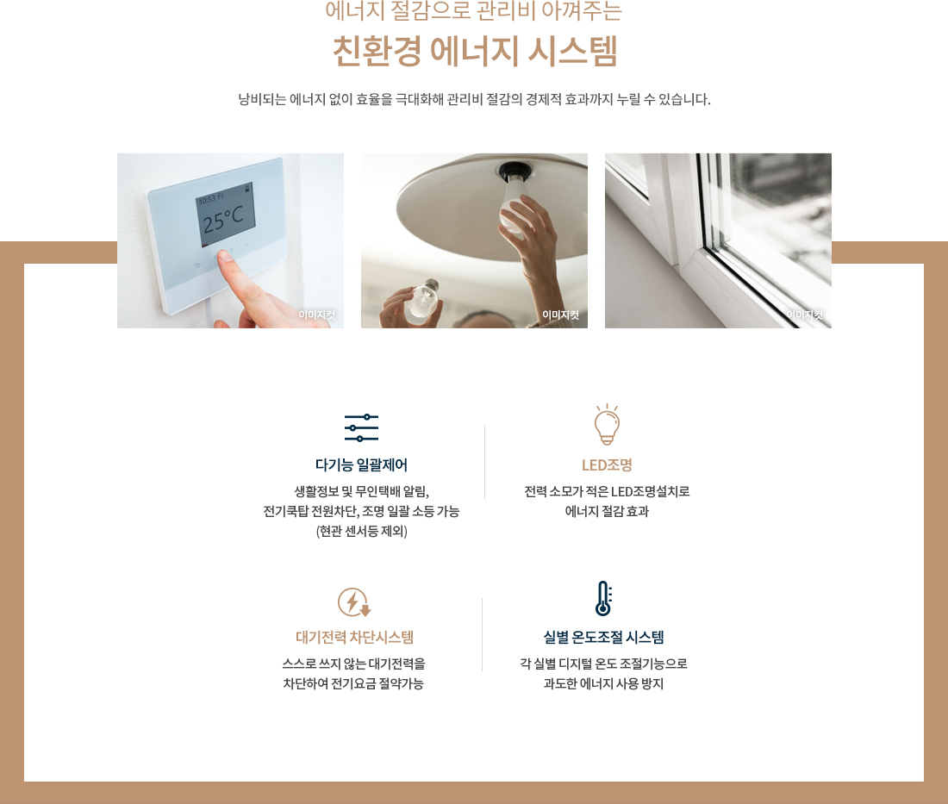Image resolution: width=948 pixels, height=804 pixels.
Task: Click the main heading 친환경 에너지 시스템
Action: [475, 51]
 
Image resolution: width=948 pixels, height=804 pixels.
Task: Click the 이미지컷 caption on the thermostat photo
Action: [316, 315]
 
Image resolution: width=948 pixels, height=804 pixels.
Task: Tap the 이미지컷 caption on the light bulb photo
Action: [560, 315]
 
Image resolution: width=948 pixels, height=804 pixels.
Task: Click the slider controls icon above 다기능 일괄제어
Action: [361, 427]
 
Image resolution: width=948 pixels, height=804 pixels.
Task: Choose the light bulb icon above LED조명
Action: [607, 424]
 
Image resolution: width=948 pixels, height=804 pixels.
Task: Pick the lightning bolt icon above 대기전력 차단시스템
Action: [353, 601]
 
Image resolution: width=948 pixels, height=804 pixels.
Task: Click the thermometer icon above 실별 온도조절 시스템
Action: [603, 598]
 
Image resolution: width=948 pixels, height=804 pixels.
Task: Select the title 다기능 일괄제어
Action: [361, 465]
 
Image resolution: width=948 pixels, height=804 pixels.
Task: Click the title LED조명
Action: [607, 465]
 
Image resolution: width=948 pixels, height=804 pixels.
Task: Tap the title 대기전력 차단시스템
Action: [354, 638]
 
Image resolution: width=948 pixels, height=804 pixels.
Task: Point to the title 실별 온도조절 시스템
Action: [603, 638]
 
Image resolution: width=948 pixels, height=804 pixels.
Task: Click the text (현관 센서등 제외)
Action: [361, 531]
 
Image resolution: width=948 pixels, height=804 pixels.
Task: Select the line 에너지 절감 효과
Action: [607, 511]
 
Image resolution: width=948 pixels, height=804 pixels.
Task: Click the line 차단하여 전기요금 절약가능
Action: [353, 683]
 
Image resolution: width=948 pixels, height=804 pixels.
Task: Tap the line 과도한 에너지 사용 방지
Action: [603, 683]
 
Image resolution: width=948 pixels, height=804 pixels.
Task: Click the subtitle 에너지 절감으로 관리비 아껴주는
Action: [473, 10]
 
